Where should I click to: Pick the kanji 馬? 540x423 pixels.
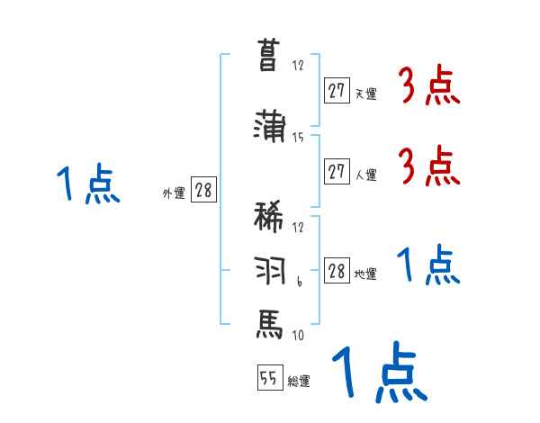270,322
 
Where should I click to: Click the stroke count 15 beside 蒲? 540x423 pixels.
298,138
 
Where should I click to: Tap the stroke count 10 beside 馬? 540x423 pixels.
298,335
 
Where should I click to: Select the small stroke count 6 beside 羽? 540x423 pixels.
298,283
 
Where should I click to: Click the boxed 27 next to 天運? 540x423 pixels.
337,90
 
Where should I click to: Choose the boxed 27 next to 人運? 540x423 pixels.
337,172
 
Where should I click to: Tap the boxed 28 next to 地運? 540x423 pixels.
337,271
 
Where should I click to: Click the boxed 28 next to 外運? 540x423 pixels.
203,191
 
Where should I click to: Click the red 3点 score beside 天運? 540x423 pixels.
429,88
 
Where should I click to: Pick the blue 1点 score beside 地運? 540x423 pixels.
427,266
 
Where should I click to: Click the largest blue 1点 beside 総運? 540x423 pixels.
378,372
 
